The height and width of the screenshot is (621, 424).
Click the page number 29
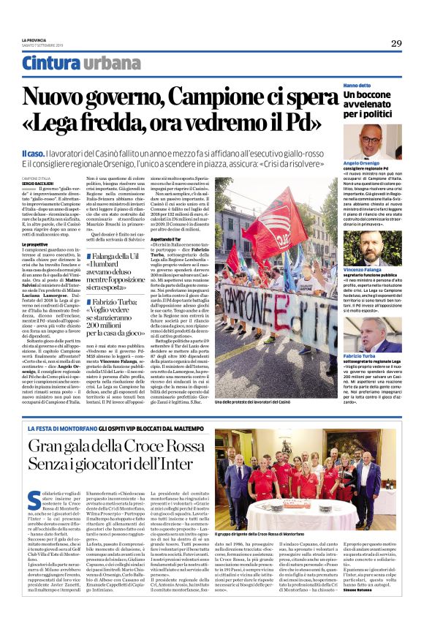coord(395,43)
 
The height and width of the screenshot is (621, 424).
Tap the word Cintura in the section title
coord(50,64)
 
